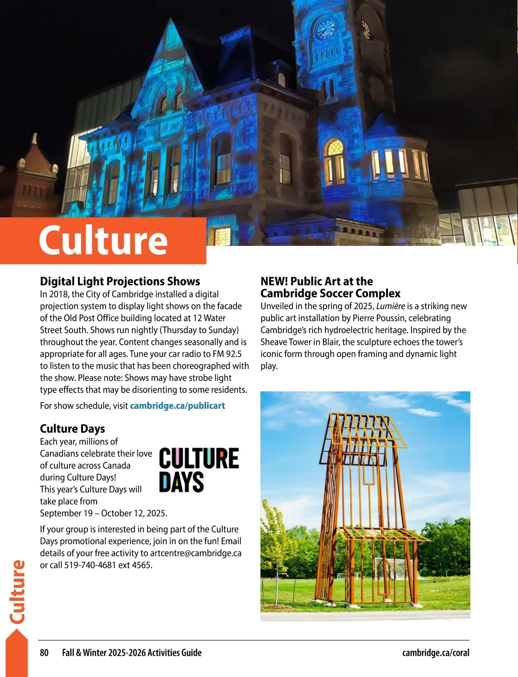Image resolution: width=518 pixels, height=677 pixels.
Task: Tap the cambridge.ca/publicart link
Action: [177, 406]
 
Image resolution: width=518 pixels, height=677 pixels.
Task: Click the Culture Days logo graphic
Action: [199, 470]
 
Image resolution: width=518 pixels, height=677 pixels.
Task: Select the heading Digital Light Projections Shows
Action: [120, 282]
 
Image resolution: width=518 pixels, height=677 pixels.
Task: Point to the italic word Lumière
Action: [391, 306]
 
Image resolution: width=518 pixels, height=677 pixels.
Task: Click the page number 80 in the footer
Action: [44, 653]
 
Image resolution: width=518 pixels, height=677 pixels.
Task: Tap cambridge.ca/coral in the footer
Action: [436, 653]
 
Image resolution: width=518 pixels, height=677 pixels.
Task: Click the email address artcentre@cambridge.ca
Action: [196, 553]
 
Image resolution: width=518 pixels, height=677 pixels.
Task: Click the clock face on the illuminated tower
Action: [325, 29]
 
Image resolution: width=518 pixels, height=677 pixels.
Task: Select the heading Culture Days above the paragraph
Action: [73, 429]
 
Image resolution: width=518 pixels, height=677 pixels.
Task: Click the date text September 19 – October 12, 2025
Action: [104, 514]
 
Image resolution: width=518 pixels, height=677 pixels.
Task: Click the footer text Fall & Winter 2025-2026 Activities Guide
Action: [132, 653]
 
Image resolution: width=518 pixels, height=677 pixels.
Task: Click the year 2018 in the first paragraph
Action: [60, 295]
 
